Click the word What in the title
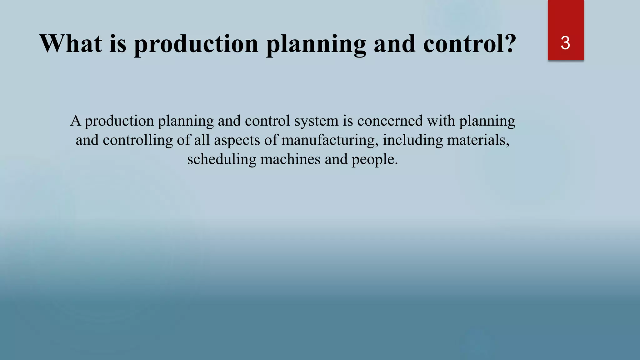(71, 43)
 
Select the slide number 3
(565, 43)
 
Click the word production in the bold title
(196, 44)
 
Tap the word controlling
(137, 140)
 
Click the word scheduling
(222, 159)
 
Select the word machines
(290, 159)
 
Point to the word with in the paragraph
(441, 121)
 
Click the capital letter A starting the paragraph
(76, 121)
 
